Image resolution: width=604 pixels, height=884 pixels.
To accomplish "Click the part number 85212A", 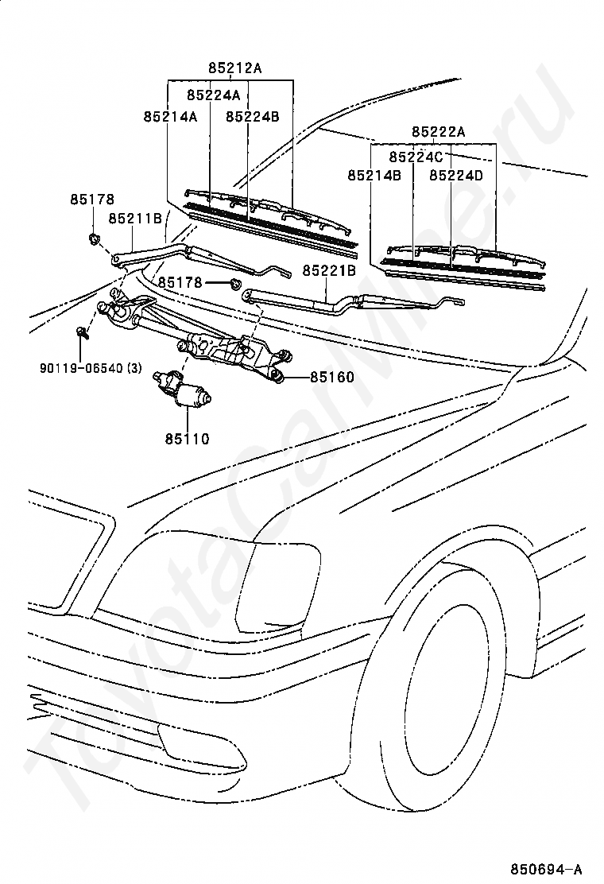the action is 235,69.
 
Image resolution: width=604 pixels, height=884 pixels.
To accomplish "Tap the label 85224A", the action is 214,95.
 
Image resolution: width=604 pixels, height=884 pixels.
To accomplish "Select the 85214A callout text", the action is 170,117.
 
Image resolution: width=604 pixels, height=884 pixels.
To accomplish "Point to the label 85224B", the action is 253,117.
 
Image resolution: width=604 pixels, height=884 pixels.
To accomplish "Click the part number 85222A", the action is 439,132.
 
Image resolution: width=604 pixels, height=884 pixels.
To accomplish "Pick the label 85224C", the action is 416,156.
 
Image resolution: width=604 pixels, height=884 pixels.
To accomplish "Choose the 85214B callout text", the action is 374,176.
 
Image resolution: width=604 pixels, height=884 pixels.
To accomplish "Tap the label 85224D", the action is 456,176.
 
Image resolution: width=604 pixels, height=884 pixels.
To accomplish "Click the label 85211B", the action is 135,218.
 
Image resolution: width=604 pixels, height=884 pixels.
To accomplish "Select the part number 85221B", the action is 329,271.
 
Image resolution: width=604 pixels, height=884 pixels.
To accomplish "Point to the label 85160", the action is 332,377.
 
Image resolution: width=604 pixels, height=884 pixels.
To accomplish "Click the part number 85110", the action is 187,439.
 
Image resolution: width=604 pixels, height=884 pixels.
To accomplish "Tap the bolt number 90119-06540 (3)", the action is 91,368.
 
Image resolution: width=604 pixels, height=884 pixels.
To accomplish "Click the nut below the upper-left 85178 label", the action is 92,239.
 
